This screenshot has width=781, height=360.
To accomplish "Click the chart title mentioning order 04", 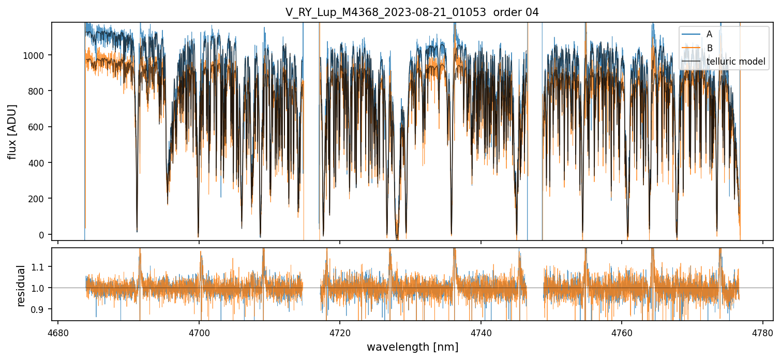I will point(412,12).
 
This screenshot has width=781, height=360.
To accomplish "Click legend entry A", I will point(709,34).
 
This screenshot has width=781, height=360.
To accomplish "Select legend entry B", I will point(709,48).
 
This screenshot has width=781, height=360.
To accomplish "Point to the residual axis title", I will point(21,286).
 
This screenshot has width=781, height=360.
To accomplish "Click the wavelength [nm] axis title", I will point(412,347).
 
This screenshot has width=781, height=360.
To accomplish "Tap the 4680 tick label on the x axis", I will point(58,332).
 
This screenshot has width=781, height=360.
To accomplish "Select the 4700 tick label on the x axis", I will point(199,332).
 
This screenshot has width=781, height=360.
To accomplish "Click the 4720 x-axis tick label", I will point(340,332).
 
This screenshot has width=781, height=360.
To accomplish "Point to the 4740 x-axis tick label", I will point(481,332).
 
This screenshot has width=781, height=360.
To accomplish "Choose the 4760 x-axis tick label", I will point(622,332).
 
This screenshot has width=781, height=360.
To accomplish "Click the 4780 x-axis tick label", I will point(763,332).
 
